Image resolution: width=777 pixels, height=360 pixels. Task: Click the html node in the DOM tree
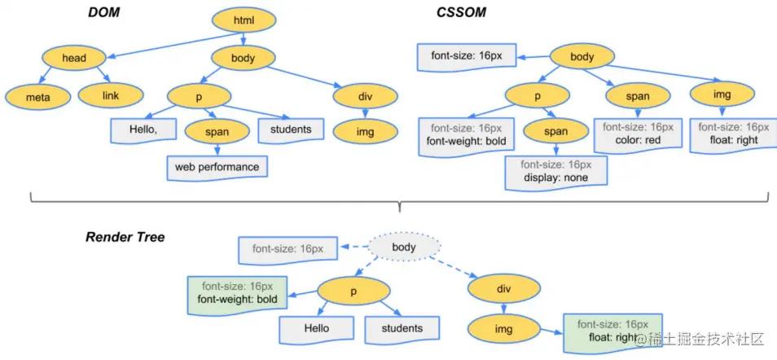pyautogui.click(x=244, y=20)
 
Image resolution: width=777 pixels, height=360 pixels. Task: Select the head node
pyautogui.click(x=74, y=58)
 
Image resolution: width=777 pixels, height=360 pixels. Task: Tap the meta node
pyautogui.click(x=38, y=97)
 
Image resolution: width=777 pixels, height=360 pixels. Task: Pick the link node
pyautogui.click(x=111, y=95)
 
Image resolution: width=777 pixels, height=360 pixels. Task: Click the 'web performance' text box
pyautogui.click(x=217, y=168)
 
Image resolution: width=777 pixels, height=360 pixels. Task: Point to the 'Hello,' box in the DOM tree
pyautogui.click(x=143, y=130)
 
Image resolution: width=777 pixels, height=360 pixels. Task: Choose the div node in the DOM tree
pyautogui.click(x=365, y=96)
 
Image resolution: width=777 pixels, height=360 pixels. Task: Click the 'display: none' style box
pyautogui.click(x=556, y=172)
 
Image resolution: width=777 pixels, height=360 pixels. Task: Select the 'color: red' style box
pyautogui.click(x=639, y=134)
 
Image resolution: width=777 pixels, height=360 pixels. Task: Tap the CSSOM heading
pyautogui.click(x=461, y=12)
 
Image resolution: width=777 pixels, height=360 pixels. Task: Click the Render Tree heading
pyautogui.click(x=125, y=237)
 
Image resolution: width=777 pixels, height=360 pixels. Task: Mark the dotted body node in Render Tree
pyautogui.click(x=404, y=247)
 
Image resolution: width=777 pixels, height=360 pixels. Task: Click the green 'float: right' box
pyautogui.click(x=613, y=333)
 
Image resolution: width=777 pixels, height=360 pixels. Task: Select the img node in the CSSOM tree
pyautogui.click(x=722, y=94)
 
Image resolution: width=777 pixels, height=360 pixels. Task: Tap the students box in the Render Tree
pyautogui.click(x=402, y=329)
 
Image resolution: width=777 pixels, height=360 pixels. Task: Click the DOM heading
pyautogui.click(x=103, y=12)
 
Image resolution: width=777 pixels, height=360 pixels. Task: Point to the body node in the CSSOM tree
pyautogui.click(x=582, y=56)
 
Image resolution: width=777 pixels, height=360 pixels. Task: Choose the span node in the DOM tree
pyautogui.click(x=217, y=131)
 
